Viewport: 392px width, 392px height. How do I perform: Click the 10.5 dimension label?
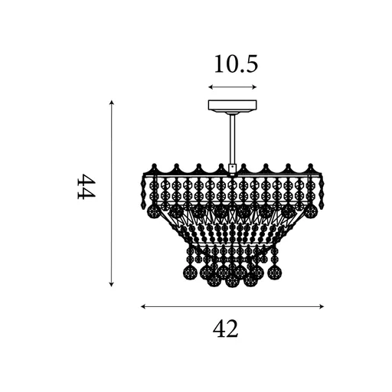236,64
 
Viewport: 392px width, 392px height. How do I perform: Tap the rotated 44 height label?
87,186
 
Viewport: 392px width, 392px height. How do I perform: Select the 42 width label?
225,328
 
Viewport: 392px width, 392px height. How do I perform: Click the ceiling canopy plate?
233,105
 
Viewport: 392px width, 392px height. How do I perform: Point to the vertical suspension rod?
233,140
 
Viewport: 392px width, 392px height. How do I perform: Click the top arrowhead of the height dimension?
111,103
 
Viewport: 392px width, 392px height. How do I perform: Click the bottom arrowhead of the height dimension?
111,284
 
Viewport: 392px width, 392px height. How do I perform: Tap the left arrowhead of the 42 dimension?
143,306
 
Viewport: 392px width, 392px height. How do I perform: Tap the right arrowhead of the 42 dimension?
322,306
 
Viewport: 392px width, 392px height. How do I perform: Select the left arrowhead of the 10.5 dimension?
211,87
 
